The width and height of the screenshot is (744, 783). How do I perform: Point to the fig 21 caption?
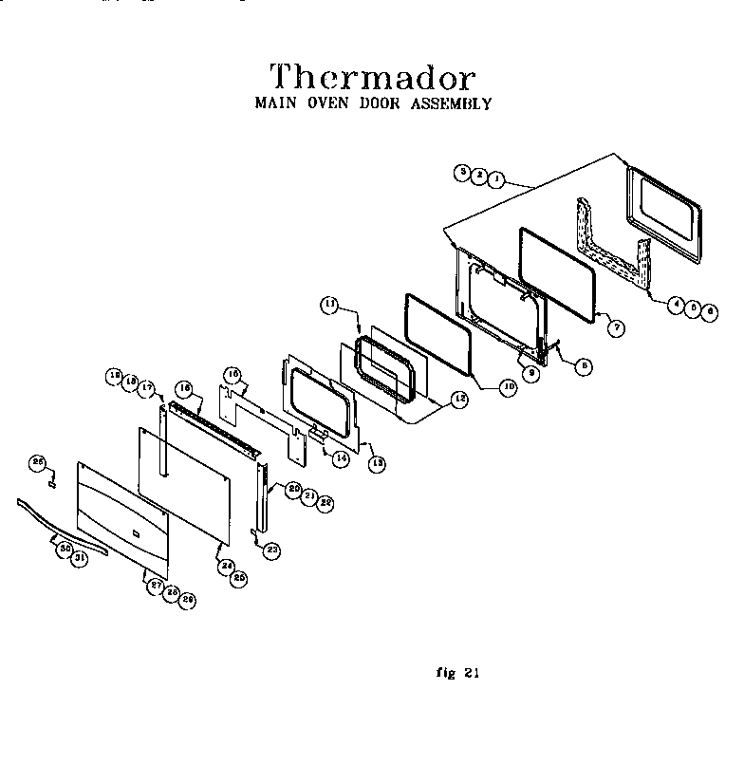[458, 673]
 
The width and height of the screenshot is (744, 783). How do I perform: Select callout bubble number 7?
[616, 327]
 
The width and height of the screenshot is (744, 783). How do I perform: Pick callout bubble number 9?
[532, 374]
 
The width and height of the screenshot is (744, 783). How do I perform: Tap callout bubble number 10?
[508, 388]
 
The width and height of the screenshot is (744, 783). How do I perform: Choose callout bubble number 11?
[329, 305]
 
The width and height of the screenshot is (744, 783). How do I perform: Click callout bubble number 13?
[377, 464]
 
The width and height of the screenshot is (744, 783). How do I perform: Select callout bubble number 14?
[339, 457]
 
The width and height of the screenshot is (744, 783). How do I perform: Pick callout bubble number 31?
[80, 559]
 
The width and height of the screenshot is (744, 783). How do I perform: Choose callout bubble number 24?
[227, 567]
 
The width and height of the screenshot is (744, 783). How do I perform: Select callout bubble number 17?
[147, 387]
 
